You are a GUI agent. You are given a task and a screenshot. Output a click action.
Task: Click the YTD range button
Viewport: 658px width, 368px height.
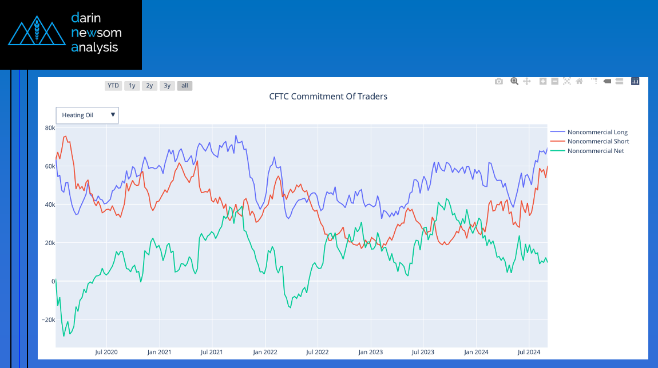click(113, 86)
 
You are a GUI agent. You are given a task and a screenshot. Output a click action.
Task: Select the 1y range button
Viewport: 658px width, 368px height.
click(132, 86)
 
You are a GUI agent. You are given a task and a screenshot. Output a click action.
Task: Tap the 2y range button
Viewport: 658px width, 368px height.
click(149, 86)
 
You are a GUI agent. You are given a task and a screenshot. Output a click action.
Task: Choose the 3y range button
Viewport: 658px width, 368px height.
click(167, 86)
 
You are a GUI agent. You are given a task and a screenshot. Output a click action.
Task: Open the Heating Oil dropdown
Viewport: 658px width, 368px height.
click(87, 115)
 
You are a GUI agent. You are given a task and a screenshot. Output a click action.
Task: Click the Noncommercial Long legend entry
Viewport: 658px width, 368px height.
click(597, 133)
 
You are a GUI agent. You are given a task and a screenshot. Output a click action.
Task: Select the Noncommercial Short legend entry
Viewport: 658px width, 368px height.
click(597, 142)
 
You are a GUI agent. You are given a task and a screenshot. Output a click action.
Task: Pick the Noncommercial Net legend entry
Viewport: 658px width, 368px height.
click(595, 151)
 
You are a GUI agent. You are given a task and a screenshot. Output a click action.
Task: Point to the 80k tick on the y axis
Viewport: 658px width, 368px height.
click(50, 128)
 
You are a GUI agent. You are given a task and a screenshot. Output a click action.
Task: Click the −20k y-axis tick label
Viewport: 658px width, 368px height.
click(47, 320)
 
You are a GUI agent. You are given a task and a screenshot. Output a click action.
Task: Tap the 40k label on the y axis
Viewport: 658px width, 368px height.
click(50, 205)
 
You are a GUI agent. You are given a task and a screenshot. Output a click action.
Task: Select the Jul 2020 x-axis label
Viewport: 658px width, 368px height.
click(106, 352)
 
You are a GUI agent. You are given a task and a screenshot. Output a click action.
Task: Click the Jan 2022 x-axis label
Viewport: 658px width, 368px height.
click(265, 352)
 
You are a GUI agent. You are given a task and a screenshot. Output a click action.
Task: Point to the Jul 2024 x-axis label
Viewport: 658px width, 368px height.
click(529, 352)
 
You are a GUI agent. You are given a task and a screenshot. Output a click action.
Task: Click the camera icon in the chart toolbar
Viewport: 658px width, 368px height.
click(499, 82)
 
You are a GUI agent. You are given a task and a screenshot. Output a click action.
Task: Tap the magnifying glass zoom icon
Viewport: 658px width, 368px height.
click(514, 82)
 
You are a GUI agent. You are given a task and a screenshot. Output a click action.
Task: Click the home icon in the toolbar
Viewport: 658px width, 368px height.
click(579, 82)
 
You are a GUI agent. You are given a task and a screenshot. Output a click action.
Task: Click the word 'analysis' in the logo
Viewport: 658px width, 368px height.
click(94, 47)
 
